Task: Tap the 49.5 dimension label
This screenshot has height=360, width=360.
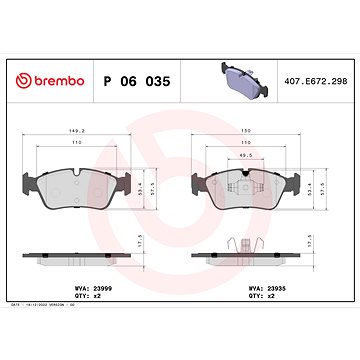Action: (x=247, y=157)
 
